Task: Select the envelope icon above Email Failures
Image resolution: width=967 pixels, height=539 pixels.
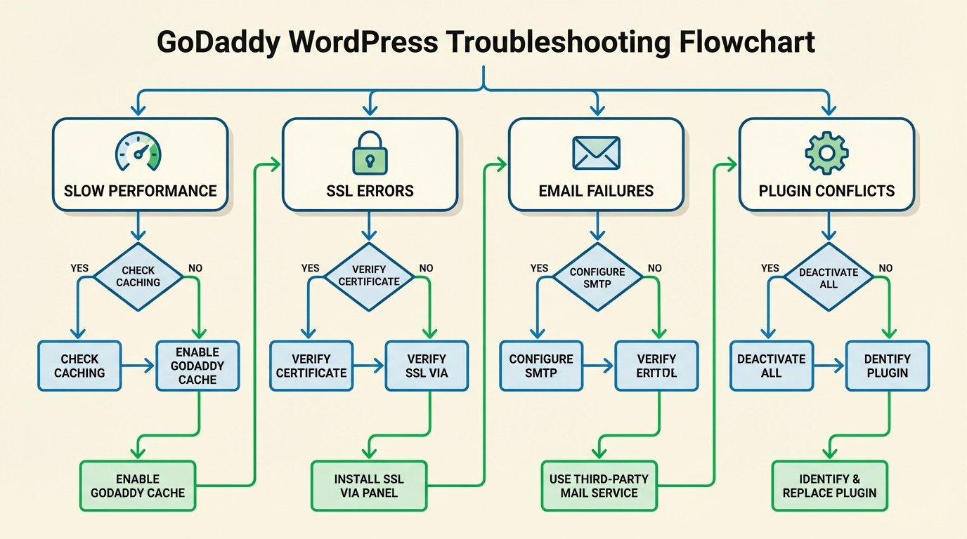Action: [596, 152]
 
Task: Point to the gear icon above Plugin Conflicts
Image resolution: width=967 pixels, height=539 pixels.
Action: [826, 152]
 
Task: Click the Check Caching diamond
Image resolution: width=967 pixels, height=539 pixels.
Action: [138, 277]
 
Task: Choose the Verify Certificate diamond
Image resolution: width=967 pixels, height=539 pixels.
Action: [369, 277]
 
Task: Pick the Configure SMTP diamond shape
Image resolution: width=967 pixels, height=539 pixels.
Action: [597, 277]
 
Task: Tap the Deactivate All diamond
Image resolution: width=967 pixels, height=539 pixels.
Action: [829, 277]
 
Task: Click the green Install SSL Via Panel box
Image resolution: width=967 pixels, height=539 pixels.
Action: [369, 486]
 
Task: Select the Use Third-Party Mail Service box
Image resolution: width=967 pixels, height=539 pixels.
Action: [599, 486]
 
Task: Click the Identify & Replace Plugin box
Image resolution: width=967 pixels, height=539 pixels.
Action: [829, 486]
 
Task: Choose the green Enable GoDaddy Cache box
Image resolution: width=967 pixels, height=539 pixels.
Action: [138, 486]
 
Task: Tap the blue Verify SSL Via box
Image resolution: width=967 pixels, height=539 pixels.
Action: [427, 366]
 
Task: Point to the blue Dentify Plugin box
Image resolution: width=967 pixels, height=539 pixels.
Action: [887, 366]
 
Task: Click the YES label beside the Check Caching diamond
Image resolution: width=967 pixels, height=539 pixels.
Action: [80, 268]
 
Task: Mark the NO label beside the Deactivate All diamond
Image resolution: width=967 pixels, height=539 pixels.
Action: [885, 268]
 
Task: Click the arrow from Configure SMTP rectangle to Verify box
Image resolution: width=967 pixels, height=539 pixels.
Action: [599, 366]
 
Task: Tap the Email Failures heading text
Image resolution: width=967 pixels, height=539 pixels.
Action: [596, 191]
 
